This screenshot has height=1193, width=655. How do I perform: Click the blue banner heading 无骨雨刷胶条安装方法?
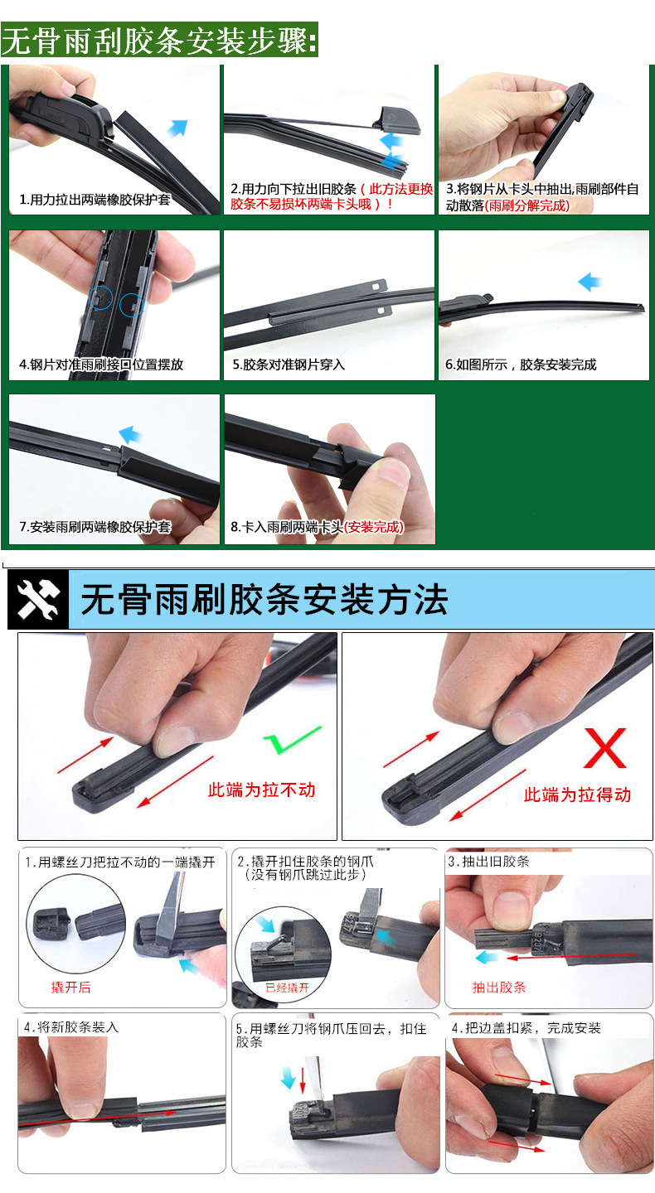pos(264,599)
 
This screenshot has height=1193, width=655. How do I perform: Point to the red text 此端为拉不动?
pos(261,790)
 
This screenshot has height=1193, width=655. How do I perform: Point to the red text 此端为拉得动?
pos(577,795)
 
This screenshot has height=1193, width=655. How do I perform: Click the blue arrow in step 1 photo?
pos(177,128)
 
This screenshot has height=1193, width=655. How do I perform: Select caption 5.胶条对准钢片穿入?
pos(288,365)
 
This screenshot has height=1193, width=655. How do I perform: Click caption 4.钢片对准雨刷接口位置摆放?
pos(101,365)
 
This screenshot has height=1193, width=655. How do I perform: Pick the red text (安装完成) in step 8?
pos(374,527)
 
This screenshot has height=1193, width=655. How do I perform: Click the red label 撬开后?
pos(71,987)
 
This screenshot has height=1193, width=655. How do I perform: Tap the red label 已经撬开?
pos(287,988)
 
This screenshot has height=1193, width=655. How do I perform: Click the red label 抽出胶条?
pos(499,987)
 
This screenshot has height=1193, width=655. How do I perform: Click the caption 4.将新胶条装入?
pos(71,1026)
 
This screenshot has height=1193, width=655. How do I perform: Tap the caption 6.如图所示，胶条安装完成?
pos(521,365)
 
